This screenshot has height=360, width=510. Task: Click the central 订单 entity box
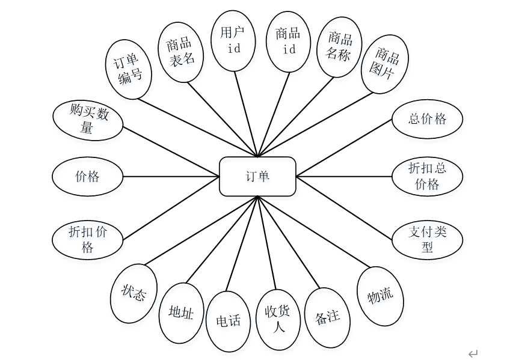pos(257,176)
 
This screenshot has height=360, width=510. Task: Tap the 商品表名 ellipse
pos(181,52)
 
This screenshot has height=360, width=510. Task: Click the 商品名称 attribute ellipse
pos(339,47)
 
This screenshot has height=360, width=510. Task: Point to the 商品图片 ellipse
pos(385,65)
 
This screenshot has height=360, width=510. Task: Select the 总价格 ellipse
pos(427,119)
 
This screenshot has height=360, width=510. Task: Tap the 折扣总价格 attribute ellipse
pos(427,176)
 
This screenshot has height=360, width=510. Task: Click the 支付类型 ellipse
pos(427,239)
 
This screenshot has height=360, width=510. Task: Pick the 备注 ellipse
pos(328,317)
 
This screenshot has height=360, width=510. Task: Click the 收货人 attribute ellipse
pos(278,319)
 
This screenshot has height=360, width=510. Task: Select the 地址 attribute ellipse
pos(182,313)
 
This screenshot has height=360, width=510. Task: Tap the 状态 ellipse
pos(135,294)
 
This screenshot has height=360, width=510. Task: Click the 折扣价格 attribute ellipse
pos(88,239)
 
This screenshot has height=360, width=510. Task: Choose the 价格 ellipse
pos(88,177)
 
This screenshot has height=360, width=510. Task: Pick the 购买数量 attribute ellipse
pos(88,121)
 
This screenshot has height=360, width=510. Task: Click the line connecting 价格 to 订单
pos(171,177)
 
